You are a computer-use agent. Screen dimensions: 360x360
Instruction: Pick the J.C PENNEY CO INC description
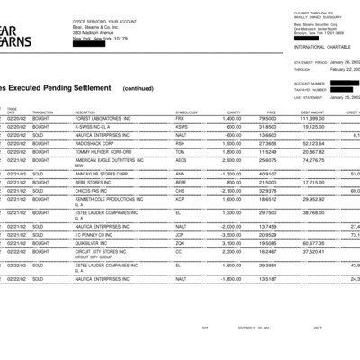click(x=97, y=234)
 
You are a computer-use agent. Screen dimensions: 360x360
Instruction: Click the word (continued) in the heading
click(x=138, y=89)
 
